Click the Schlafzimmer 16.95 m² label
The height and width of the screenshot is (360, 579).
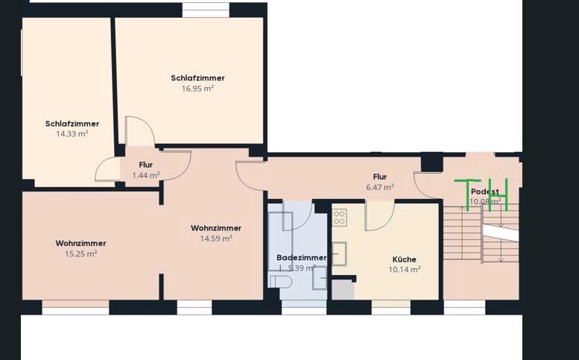click(197, 83)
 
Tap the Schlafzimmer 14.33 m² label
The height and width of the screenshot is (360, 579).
click(72, 129)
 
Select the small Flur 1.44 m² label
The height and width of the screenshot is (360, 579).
click(146, 170)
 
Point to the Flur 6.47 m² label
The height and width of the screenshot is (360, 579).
click(380, 182)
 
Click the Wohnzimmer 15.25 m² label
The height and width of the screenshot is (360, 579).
click(80, 248)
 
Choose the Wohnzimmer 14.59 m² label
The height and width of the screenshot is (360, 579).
click(216, 233)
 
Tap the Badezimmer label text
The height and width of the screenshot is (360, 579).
click(301, 258)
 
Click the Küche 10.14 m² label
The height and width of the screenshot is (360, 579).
click(405, 265)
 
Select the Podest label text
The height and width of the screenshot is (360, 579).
click(484, 192)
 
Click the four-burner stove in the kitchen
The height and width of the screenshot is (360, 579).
click(339, 217)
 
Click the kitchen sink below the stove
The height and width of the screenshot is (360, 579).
click(339, 253)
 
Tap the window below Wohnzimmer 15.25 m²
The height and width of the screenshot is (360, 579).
click(75, 307)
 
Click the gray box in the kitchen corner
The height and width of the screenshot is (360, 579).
click(343, 288)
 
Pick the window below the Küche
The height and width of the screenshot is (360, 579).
click(390, 307)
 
